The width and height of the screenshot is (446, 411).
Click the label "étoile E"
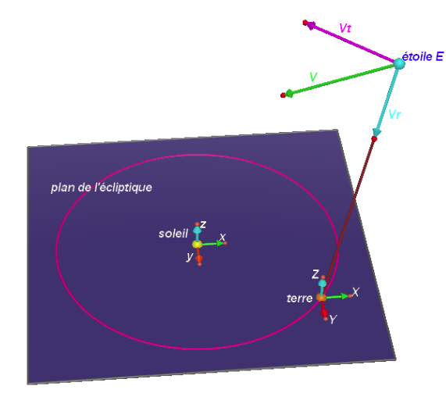[x=423, y=56]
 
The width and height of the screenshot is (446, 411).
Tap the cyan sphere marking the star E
[x=399, y=64]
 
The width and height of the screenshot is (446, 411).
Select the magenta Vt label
[x=345, y=28]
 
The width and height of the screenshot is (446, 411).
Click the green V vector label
[x=313, y=77]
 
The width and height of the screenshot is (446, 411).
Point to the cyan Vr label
[x=394, y=114]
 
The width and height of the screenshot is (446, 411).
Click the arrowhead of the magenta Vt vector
[x=310, y=25]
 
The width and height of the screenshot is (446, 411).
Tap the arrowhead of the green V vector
[x=289, y=93]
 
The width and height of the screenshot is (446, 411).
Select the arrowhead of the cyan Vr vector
[x=377, y=132]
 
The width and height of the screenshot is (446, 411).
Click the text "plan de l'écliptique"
[x=102, y=188]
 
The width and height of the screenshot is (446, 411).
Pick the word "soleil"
[x=173, y=234]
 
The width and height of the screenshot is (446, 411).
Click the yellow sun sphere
[x=197, y=245]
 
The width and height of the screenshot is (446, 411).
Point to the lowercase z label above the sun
[x=203, y=224]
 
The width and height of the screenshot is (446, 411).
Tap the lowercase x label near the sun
[x=223, y=237]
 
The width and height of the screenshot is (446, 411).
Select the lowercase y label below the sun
[x=190, y=256]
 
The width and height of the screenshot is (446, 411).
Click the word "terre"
[x=299, y=298]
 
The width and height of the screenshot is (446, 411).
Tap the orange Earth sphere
[x=321, y=298]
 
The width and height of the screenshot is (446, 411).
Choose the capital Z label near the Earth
[x=316, y=274]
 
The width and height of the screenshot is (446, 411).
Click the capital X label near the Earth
[x=356, y=291]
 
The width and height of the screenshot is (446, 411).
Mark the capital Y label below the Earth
[x=333, y=320]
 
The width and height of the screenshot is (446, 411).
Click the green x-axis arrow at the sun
[x=212, y=244]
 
